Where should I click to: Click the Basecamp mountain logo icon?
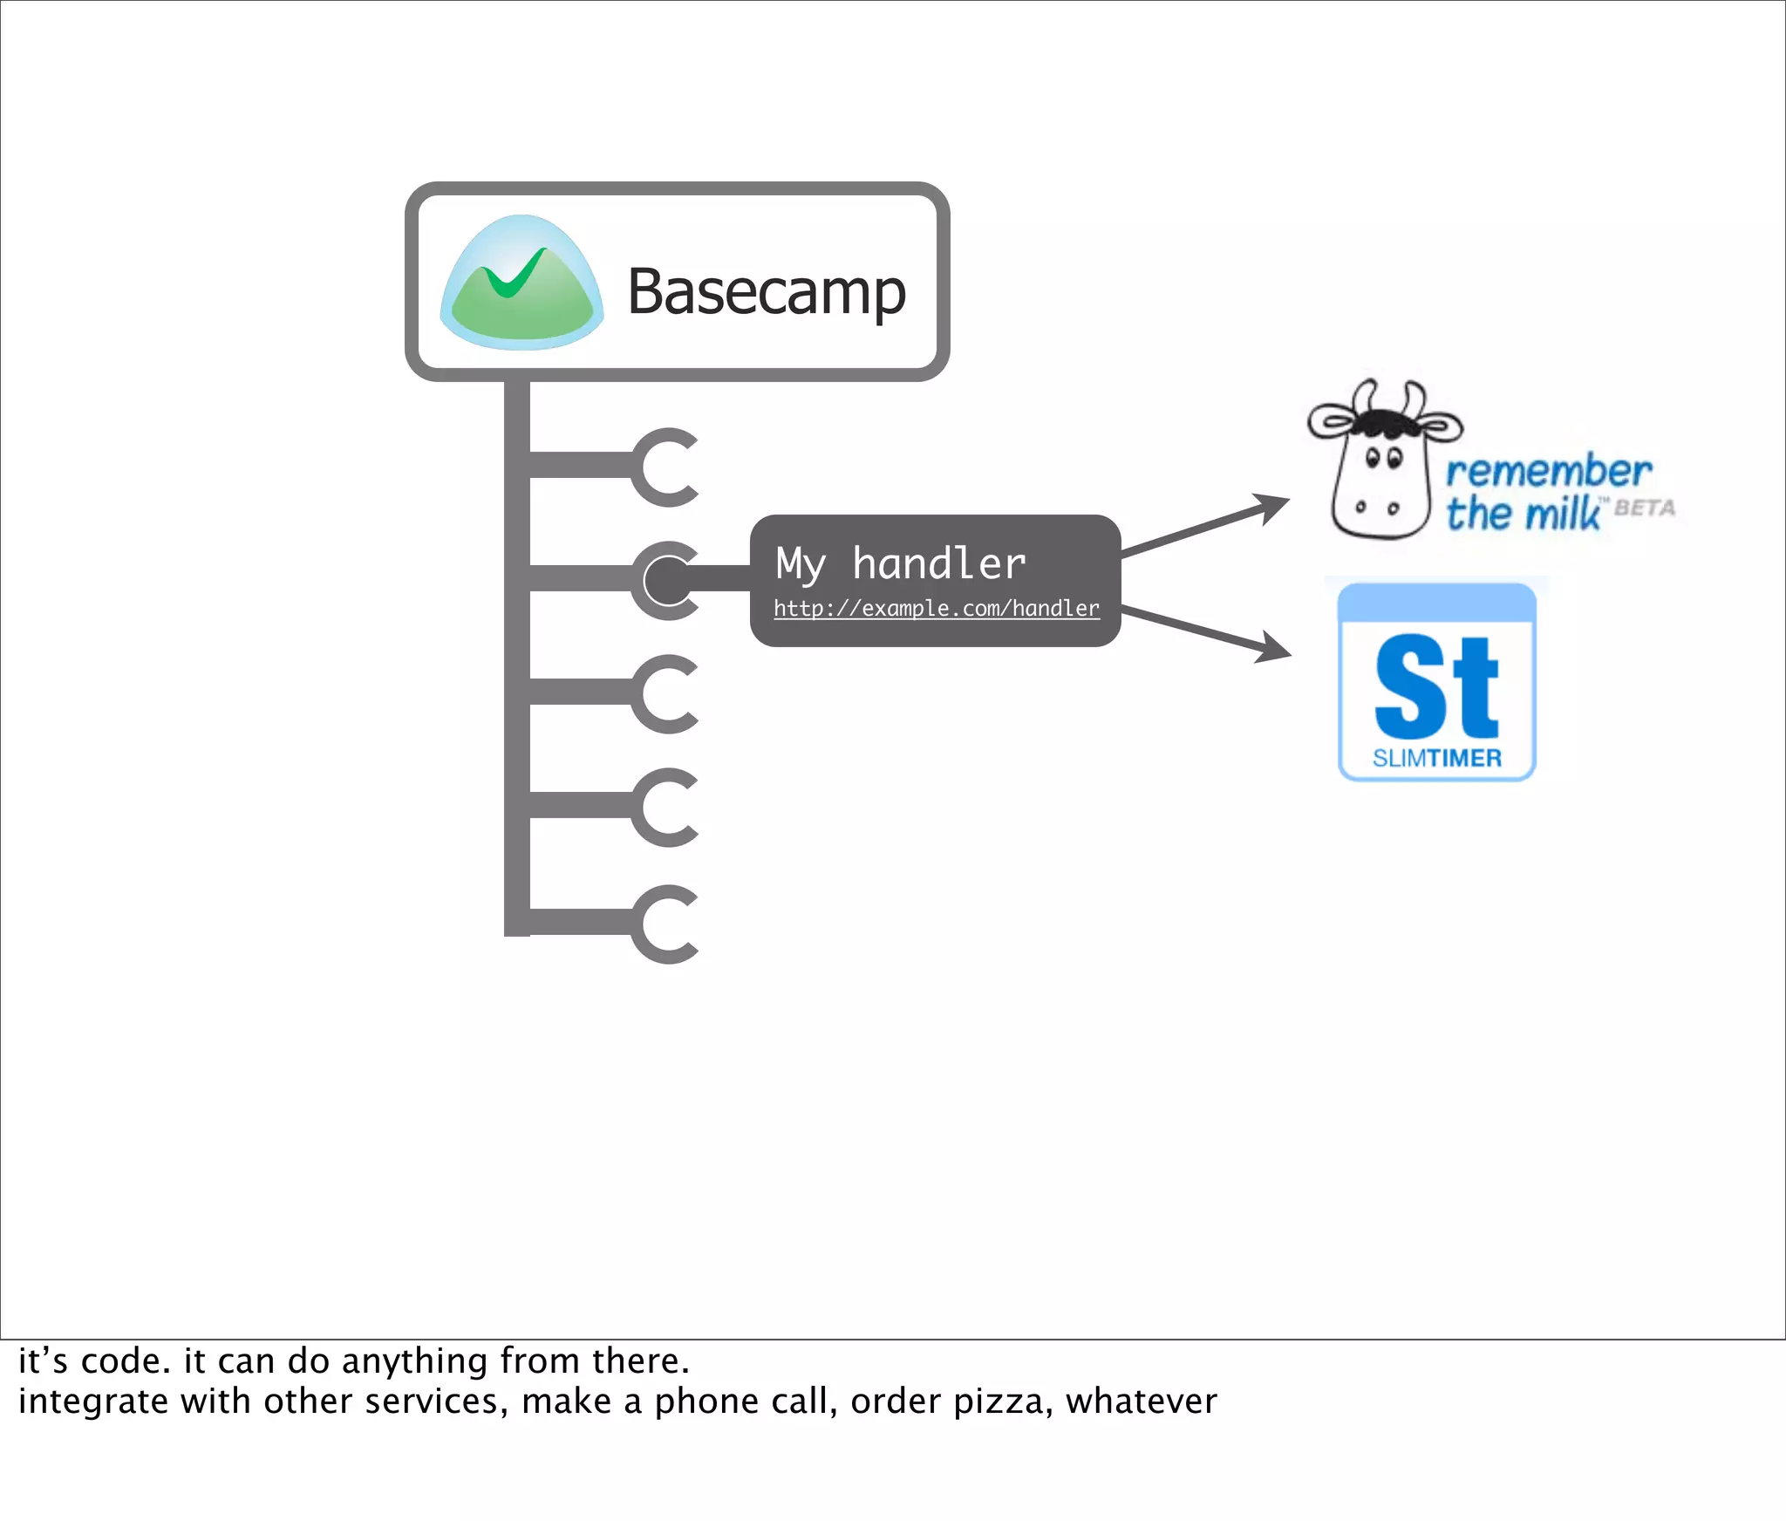point(521,283)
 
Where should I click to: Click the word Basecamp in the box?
point(767,292)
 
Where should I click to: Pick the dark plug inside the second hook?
point(667,580)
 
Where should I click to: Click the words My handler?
point(900,563)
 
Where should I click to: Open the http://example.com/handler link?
point(936,608)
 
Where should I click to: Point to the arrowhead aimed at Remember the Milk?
point(1272,507)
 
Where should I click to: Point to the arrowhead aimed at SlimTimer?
point(1274,648)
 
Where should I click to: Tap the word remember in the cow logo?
point(1548,472)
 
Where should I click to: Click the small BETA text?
point(1645,508)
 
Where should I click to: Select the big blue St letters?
point(1436,686)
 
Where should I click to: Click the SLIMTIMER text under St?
point(1436,758)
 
